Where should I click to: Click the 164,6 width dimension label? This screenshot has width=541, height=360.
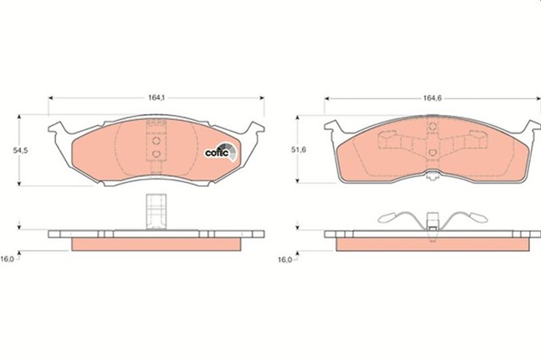[432, 98]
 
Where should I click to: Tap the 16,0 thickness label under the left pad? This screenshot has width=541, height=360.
[8, 259]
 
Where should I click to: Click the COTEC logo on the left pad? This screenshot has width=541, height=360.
[222, 151]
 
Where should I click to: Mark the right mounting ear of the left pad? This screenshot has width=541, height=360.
[253, 129]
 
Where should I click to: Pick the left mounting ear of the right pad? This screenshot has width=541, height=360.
[332, 129]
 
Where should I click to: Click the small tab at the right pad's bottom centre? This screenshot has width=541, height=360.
[432, 177]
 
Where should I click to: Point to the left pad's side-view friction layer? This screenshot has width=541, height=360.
[155, 243]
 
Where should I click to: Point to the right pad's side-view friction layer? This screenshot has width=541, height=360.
[432, 243]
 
